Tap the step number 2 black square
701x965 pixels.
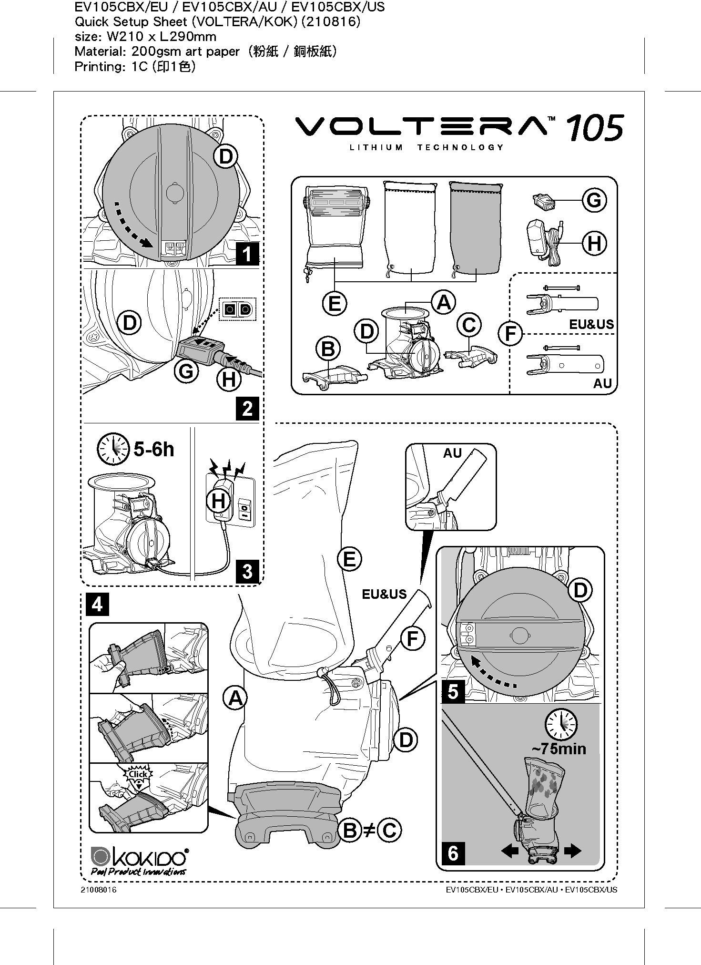click(247, 409)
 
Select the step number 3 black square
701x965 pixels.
click(247, 571)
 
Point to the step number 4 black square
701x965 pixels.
click(97, 604)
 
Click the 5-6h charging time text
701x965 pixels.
click(154, 450)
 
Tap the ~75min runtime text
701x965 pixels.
click(559, 748)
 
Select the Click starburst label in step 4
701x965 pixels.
click(138, 774)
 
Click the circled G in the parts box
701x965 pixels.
click(594, 200)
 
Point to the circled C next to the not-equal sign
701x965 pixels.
click(389, 830)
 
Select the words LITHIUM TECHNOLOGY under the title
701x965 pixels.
click(427, 147)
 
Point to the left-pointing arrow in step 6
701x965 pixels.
click(509, 851)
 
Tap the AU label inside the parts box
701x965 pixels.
click(602, 383)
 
